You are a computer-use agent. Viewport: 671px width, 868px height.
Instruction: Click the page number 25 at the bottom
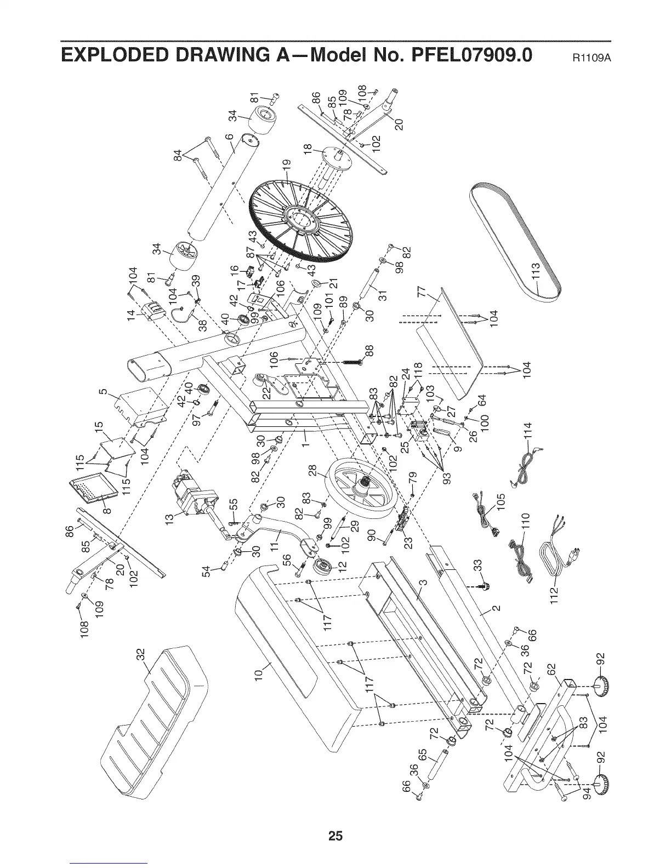(x=335, y=820)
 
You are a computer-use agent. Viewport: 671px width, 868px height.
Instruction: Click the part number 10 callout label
(x=259, y=671)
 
